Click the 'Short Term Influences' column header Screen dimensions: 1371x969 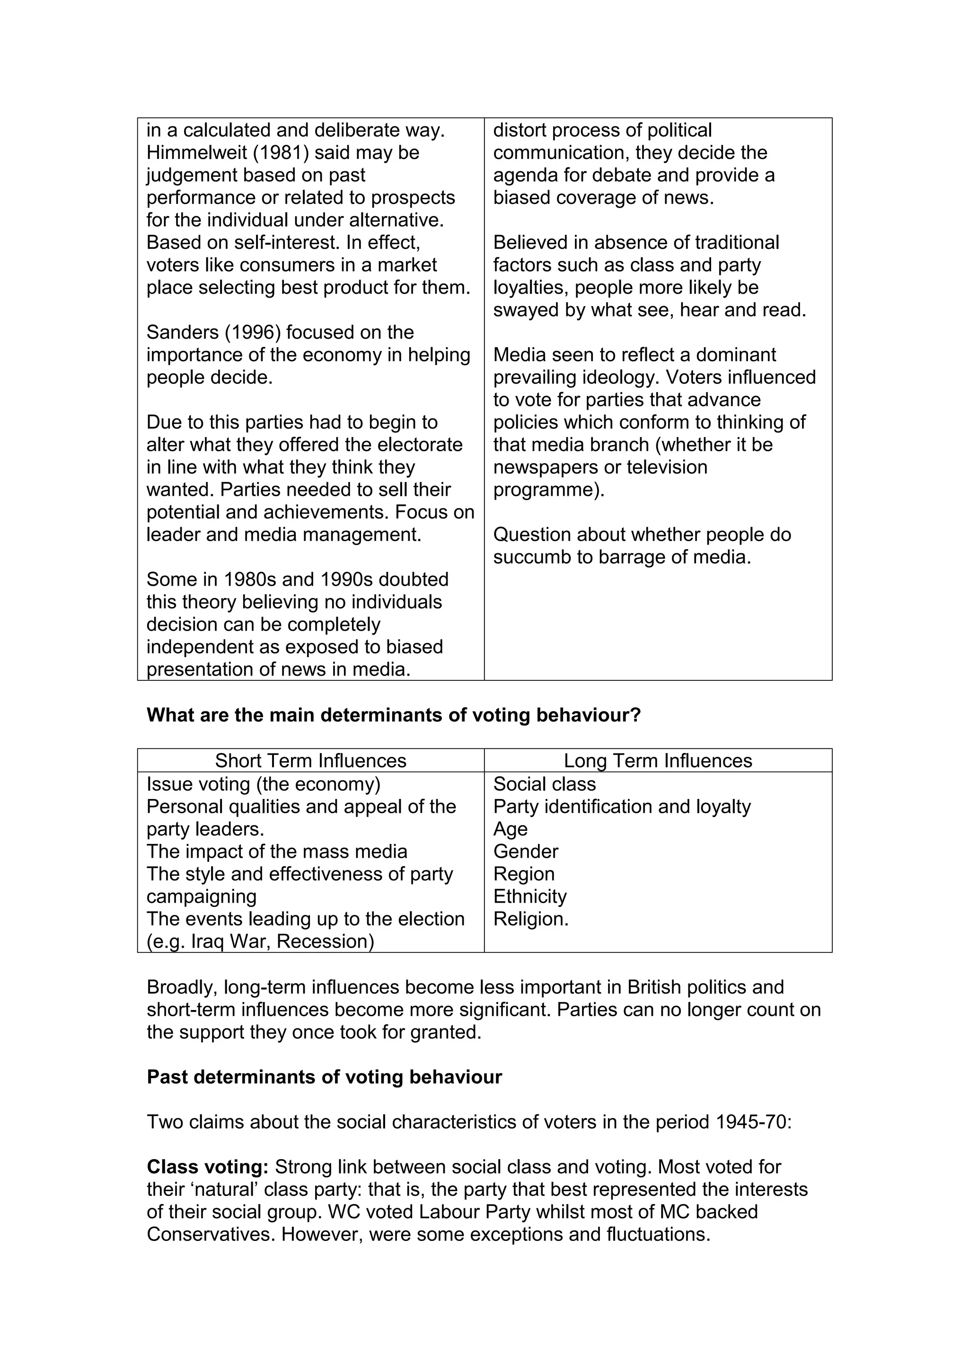[310, 761]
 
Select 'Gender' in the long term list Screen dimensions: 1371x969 [525, 852]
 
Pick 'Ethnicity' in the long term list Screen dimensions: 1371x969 [529, 896]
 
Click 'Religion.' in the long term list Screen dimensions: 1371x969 [531, 919]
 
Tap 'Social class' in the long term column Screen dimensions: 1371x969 [544, 784]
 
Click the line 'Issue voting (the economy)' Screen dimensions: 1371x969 [263, 784]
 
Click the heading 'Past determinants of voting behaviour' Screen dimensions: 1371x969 [324, 1077]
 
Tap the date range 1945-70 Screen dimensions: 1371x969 [752, 1122]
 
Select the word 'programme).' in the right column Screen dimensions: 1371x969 [549, 490]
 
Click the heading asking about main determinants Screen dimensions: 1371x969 [394, 715]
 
